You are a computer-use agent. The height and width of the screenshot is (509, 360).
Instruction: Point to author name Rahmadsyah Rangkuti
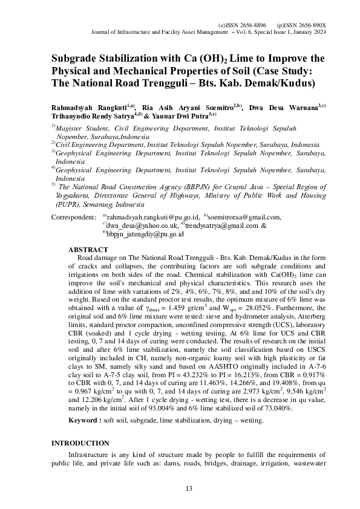coord(90,106)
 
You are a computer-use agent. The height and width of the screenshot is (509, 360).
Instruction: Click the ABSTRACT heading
coord(89,249)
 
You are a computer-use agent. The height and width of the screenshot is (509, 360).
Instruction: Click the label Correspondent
coord(73,217)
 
